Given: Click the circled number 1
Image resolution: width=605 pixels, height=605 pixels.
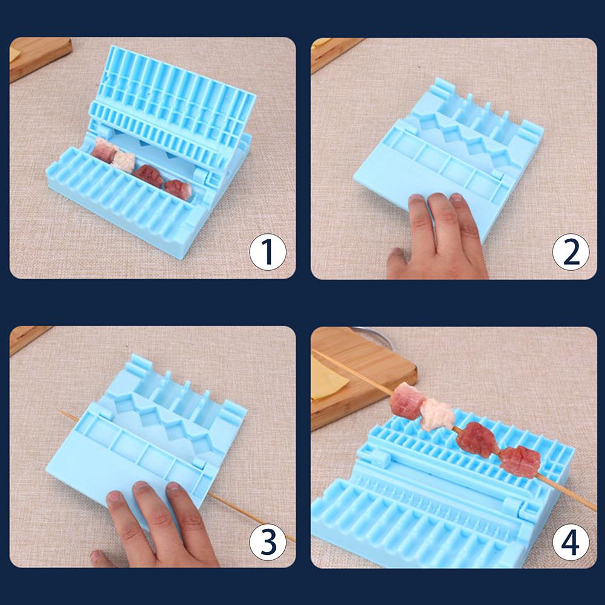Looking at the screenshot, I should click(x=268, y=252).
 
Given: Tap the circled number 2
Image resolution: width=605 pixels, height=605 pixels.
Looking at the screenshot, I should click(x=571, y=252).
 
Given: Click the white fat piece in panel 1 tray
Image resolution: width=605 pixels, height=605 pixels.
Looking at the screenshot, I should click(x=125, y=161).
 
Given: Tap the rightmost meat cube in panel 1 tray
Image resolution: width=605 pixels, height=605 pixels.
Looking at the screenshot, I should click(x=178, y=189).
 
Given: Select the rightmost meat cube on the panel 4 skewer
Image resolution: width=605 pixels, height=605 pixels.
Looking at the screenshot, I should click(x=520, y=461).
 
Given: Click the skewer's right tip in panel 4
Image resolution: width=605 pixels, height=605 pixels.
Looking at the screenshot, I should click(x=594, y=509).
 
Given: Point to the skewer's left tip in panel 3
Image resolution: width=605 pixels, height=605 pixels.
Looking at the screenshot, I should click(x=60, y=412).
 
